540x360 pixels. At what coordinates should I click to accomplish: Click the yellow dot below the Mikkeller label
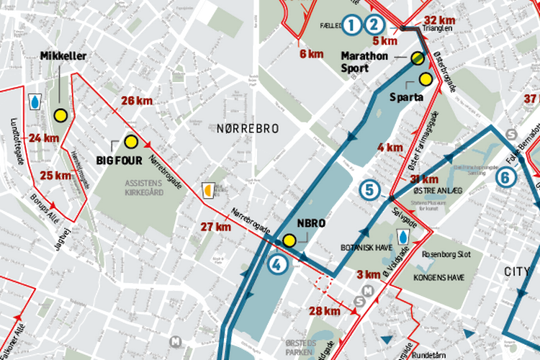coord(60,114)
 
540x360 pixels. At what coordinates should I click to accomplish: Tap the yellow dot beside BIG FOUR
coord(130,141)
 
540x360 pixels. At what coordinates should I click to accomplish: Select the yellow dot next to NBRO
coord(289,240)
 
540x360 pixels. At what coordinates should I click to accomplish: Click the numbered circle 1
coord(351,25)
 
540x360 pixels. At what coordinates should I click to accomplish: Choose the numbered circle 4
coord(276,264)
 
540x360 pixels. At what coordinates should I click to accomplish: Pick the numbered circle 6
coord(506,177)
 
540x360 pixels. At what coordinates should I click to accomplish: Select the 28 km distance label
coord(324,311)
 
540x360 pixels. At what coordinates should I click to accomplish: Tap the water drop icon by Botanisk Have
coord(404,237)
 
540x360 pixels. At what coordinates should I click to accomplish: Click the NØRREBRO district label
coord(247,127)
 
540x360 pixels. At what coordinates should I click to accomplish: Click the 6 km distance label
coord(311,54)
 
